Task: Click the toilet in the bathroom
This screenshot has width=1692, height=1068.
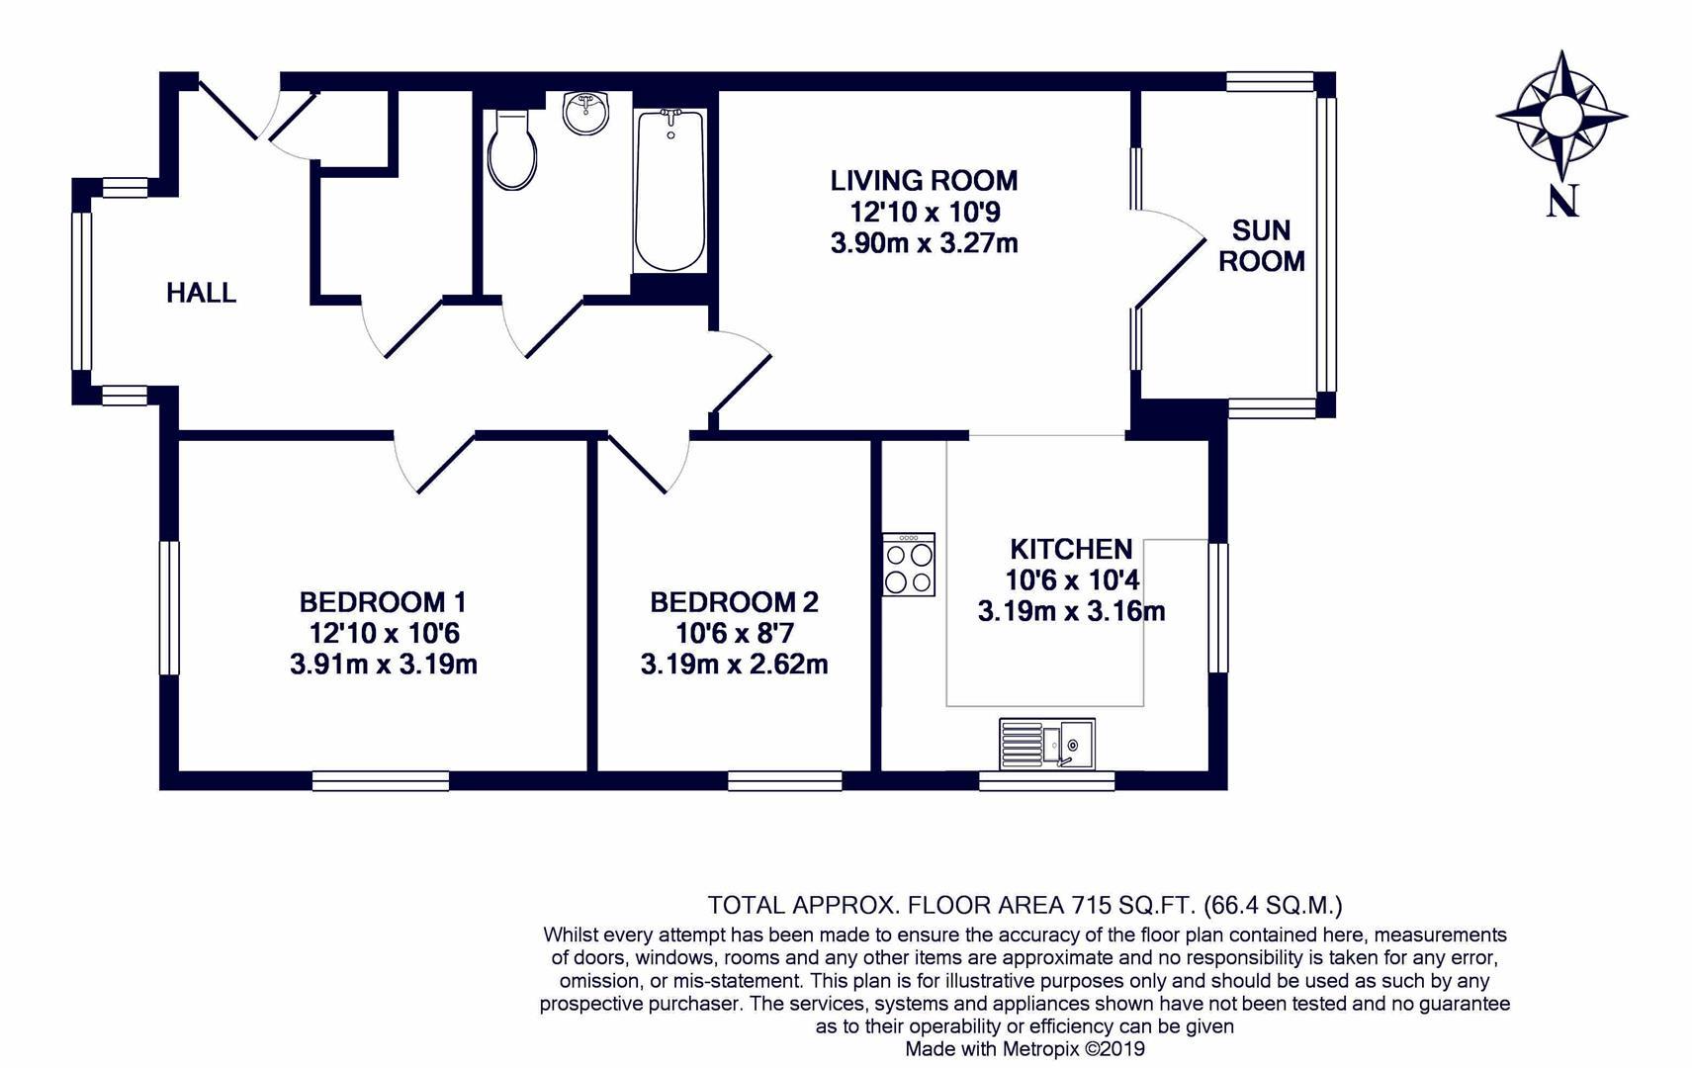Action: [x=512, y=151]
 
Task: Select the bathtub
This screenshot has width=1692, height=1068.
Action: [x=670, y=190]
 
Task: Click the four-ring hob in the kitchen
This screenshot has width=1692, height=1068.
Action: [x=909, y=565]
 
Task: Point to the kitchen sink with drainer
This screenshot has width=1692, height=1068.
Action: [x=1046, y=743]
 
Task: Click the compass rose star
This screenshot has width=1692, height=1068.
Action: [x=1561, y=115]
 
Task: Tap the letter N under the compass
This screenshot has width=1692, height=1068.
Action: [x=1562, y=202]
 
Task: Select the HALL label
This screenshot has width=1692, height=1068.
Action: [x=201, y=293]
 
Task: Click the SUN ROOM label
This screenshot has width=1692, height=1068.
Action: [x=1261, y=245]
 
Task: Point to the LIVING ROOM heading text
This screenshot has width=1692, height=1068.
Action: [x=924, y=181]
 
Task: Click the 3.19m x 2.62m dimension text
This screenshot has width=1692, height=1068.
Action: [x=734, y=665]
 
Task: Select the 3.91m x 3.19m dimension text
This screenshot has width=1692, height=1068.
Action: [x=384, y=665]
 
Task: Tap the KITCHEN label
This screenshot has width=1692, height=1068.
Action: [x=1071, y=549]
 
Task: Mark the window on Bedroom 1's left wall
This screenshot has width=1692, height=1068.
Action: [x=170, y=607]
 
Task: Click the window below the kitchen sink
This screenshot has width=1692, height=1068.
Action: [x=1046, y=781]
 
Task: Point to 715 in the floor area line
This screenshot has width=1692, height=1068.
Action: [x=1091, y=904]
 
